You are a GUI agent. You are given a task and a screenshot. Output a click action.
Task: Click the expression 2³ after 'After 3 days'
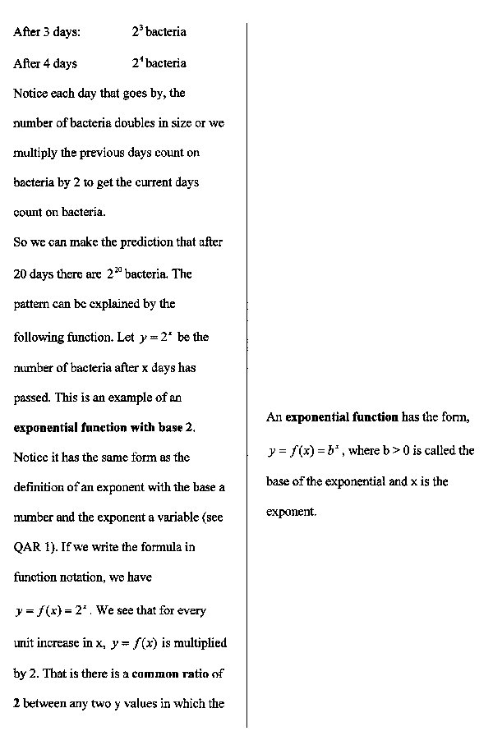137,32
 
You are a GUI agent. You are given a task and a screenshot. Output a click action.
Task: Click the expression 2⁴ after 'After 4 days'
137,63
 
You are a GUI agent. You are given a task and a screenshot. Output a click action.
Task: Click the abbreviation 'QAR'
27,547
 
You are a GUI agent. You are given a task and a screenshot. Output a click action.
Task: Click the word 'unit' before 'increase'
24,643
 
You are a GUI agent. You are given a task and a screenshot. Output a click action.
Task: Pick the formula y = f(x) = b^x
303,451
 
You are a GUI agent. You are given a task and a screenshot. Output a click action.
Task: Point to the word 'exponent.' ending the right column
291,512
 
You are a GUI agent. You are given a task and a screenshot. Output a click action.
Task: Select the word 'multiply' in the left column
35,153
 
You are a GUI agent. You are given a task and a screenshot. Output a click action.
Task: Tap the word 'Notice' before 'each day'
30,93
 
